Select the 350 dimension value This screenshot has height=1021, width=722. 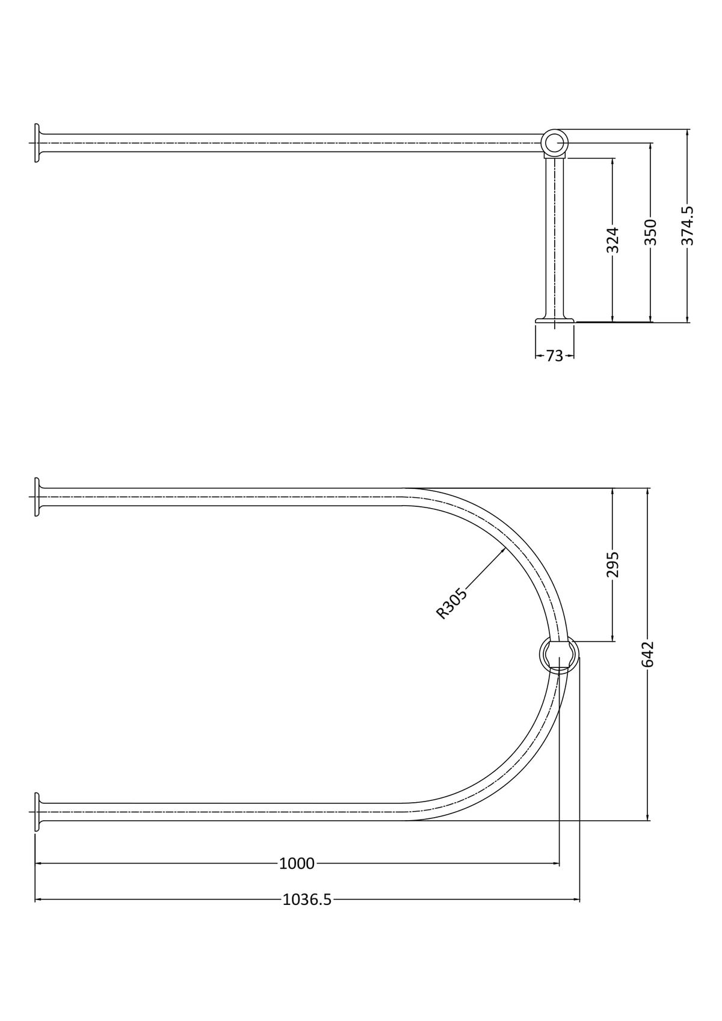point(650,232)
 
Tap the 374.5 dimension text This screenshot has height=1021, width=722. point(687,226)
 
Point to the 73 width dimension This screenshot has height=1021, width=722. point(555,356)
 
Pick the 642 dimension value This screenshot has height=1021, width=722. point(647,654)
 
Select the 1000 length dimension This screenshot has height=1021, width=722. point(297,863)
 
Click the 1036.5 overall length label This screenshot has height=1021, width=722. point(307,900)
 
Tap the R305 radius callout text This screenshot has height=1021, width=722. point(451,604)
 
